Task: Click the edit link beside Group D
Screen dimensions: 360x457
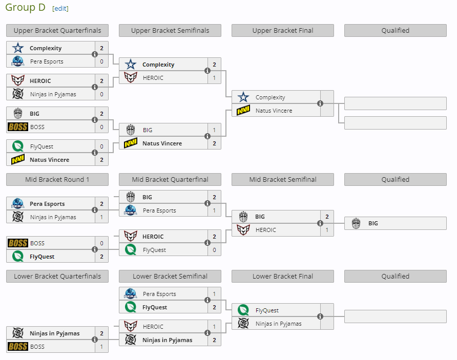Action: tap(60, 8)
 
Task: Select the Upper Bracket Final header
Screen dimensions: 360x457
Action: tap(282, 31)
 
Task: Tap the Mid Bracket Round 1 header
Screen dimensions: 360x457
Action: tap(57, 180)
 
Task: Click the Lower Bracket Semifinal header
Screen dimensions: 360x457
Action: tap(170, 277)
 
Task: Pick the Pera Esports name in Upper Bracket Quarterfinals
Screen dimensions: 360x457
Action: tap(47, 61)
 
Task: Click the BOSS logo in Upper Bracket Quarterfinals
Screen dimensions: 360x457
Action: tap(18, 127)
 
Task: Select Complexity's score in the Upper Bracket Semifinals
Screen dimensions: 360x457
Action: tap(214, 65)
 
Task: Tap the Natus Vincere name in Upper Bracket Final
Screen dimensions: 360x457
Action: tap(274, 111)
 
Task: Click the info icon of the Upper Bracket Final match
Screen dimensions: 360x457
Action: tap(320, 103)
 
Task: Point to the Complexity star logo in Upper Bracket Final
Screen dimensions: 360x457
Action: tap(243, 97)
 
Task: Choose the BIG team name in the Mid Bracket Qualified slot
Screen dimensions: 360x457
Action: tap(373, 223)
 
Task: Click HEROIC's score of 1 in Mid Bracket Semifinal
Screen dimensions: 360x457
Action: tap(327, 230)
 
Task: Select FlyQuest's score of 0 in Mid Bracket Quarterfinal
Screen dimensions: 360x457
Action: tap(214, 250)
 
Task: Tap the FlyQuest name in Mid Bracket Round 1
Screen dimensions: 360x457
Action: tap(42, 257)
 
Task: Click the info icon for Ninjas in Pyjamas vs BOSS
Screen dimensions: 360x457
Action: tap(95, 340)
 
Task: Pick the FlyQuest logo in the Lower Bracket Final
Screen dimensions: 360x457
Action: tap(243, 310)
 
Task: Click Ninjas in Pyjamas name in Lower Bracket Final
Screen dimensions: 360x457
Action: tap(279, 324)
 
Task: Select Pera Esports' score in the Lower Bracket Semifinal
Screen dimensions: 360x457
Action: tap(214, 294)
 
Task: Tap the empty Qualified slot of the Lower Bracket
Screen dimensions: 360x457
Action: tap(395, 316)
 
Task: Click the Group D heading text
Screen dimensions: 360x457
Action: tap(25, 8)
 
